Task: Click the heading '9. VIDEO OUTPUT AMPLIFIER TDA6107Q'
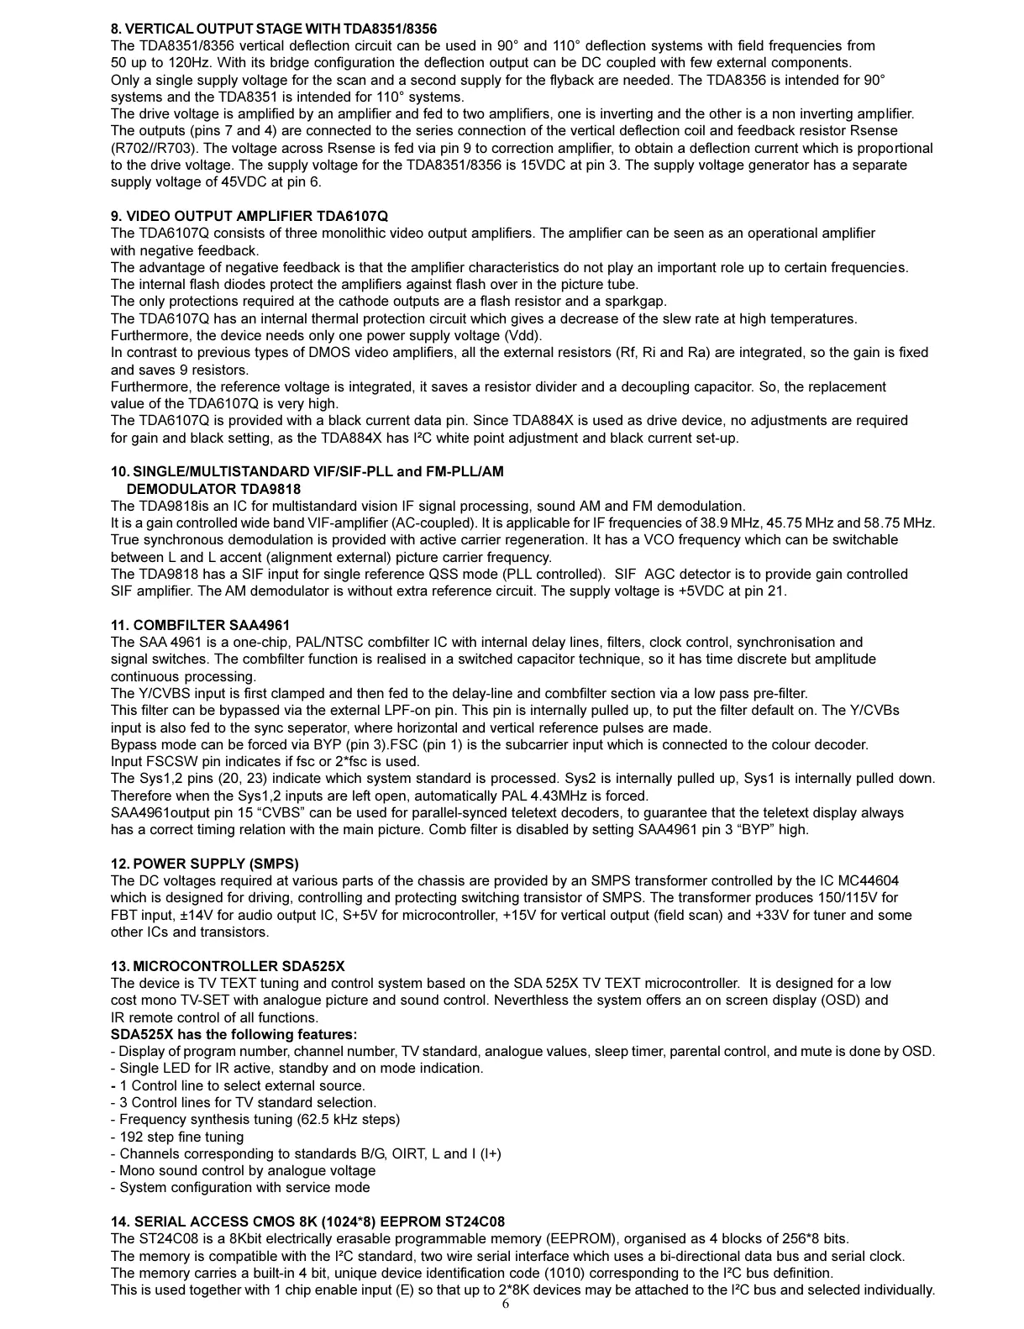click(x=249, y=217)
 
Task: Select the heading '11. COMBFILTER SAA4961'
click(x=200, y=625)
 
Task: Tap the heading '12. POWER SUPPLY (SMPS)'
click(x=204, y=864)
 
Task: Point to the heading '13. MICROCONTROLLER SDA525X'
click(x=228, y=966)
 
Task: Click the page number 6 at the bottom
click(x=506, y=1304)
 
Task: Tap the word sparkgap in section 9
click(x=638, y=302)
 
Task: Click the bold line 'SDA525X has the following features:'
click(x=234, y=1034)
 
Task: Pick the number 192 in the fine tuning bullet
click(x=131, y=1137)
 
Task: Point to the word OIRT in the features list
click(x=408, y=1153)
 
